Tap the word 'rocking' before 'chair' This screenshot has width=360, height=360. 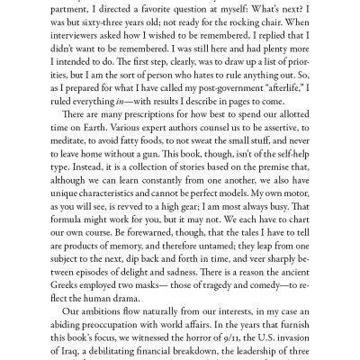251,28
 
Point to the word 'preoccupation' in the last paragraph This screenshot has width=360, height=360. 125,345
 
